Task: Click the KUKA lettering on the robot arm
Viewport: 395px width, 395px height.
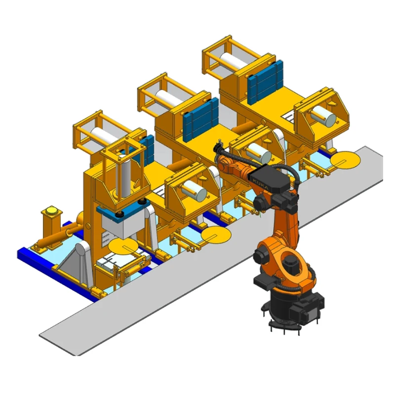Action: point(260,184)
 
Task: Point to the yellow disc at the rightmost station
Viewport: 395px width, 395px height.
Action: point(346,159)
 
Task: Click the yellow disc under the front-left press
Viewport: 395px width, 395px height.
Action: point(124,245)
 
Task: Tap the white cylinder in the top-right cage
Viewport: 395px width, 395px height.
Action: point(237,61)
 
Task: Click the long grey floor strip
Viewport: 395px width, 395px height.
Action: point(148,306)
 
